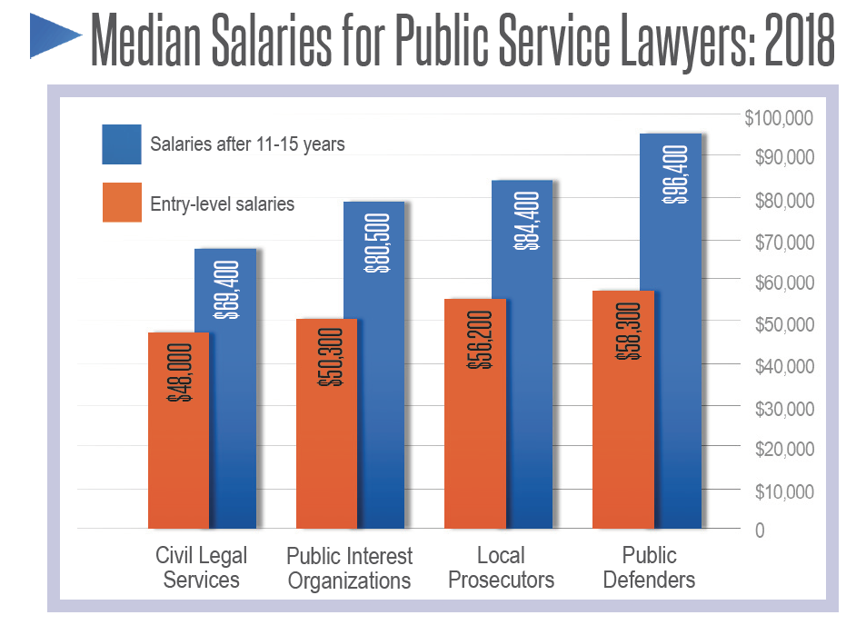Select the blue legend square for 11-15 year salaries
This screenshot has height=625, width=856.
point(122,144)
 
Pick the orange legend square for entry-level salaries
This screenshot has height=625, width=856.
point(122,203)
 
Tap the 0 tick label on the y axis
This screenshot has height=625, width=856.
point(760,530)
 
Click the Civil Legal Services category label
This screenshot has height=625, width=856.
point(201,567)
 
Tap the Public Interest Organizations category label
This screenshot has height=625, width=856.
point(350,568)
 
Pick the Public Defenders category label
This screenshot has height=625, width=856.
point(649,567)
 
